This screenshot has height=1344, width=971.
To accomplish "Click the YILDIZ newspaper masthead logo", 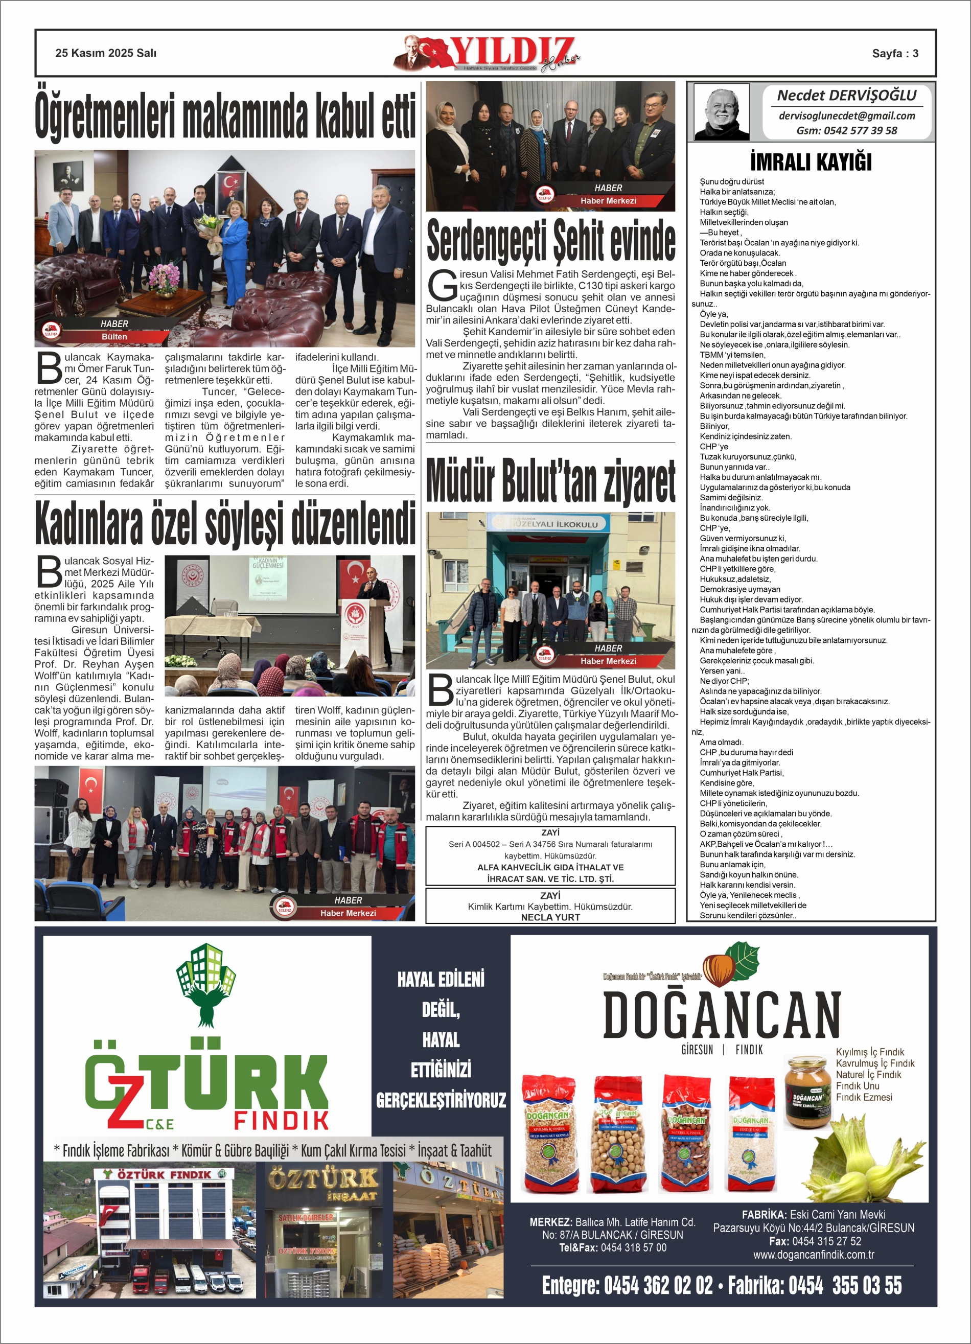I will [x=486, y=55].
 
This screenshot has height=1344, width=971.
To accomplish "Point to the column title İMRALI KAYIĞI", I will [x=811, y=162].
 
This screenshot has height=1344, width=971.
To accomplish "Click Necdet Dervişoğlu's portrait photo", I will [x=721, y=111].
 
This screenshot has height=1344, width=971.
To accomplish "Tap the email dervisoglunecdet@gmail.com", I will [x=846, y=116].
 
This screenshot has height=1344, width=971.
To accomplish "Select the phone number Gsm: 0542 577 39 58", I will [x=846, y=130].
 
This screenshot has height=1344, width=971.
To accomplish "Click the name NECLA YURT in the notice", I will [x=550, y=917].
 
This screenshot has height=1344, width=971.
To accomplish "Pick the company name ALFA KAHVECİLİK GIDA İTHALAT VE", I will [x=550, y=867].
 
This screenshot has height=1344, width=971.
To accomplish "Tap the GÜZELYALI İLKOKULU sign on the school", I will [x=550, y=524].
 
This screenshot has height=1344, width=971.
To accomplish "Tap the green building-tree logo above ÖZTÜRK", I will [x=206, y=984].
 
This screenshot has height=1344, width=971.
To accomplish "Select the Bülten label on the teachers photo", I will [x=114, y=337].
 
